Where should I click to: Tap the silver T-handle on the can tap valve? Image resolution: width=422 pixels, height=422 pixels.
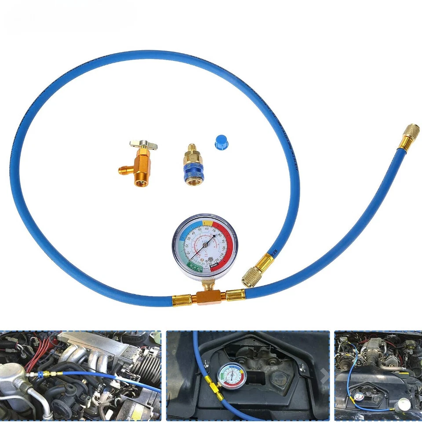pos(143,146)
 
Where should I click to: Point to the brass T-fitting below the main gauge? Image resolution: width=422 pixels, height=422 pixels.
pos(206,295)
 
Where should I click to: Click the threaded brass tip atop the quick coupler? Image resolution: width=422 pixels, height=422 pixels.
pos(192,149)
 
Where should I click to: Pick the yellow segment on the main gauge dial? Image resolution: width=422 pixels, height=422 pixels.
pos(207,223)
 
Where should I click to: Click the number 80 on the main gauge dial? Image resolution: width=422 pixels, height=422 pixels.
pos(219,235)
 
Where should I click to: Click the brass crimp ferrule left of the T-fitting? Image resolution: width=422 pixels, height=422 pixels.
pos(180,301)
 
